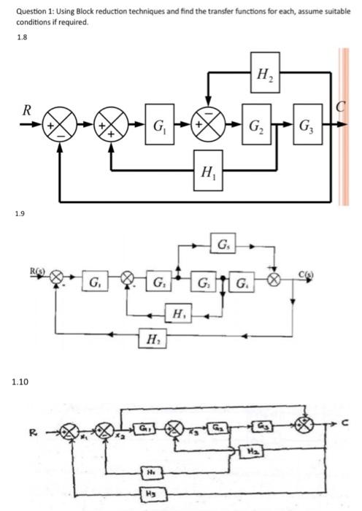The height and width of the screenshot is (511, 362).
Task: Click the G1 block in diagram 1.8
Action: tap(156, 132)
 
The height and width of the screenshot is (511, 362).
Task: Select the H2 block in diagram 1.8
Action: tap(260, 71)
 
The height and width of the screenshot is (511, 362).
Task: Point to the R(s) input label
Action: tap(36, 271)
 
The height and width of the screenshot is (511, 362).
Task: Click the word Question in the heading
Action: tap(31, 12)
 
